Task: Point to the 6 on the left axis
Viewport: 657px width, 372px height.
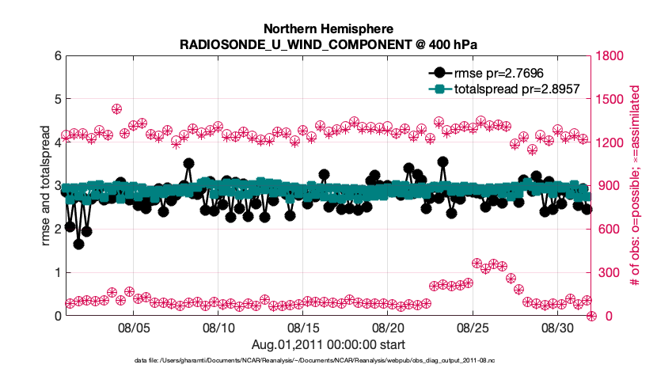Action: pos(55,56)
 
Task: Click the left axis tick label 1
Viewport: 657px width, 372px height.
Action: pos(55,272)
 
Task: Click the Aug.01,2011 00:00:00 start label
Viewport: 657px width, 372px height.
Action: pos(328,344)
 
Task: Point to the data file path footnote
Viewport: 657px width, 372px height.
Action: pos(328,360)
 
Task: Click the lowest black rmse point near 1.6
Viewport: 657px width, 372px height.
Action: pos(78,244)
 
